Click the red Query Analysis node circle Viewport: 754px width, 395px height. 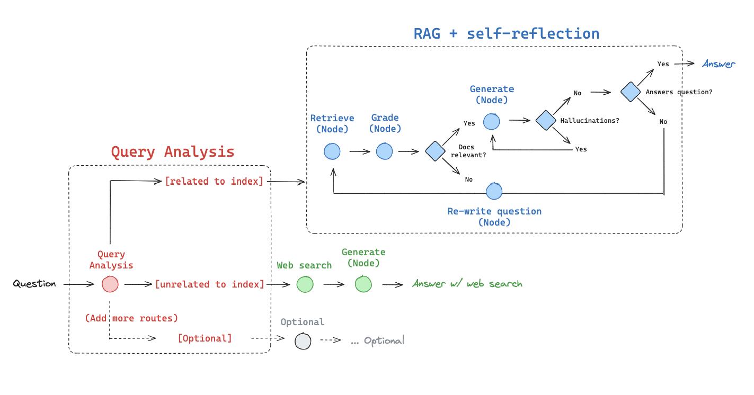(x=110, y=284)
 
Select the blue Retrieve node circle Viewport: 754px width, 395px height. (x=332, y=151)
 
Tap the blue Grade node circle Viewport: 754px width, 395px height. (x=385, y=151)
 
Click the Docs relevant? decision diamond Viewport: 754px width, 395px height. (x=435, y=151)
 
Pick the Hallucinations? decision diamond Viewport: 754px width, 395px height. (x=545, y=120)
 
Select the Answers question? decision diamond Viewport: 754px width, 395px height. (x=631, y=92)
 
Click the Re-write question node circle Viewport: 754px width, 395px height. (x=494, y=191)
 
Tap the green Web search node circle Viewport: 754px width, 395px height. (x=305, y=284)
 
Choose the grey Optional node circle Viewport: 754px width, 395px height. (x=303, y=341)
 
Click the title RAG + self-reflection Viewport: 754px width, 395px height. (x=506, y=34)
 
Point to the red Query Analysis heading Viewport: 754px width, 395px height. (x=172, y=152)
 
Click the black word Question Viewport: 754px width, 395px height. (x=34, y=284)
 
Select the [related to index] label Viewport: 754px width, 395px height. (x=214, y=181)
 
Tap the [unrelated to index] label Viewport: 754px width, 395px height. (x=209, y=284)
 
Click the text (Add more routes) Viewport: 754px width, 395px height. (x=131, y=318)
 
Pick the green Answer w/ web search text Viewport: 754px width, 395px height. (x=467, y=284)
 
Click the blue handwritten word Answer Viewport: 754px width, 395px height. (x=718, y=64)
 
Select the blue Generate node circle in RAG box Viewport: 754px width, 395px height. (x=492, y=121)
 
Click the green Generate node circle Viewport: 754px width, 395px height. (x=363, y=284)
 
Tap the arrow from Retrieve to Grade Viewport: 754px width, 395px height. (x=359, y=151)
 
